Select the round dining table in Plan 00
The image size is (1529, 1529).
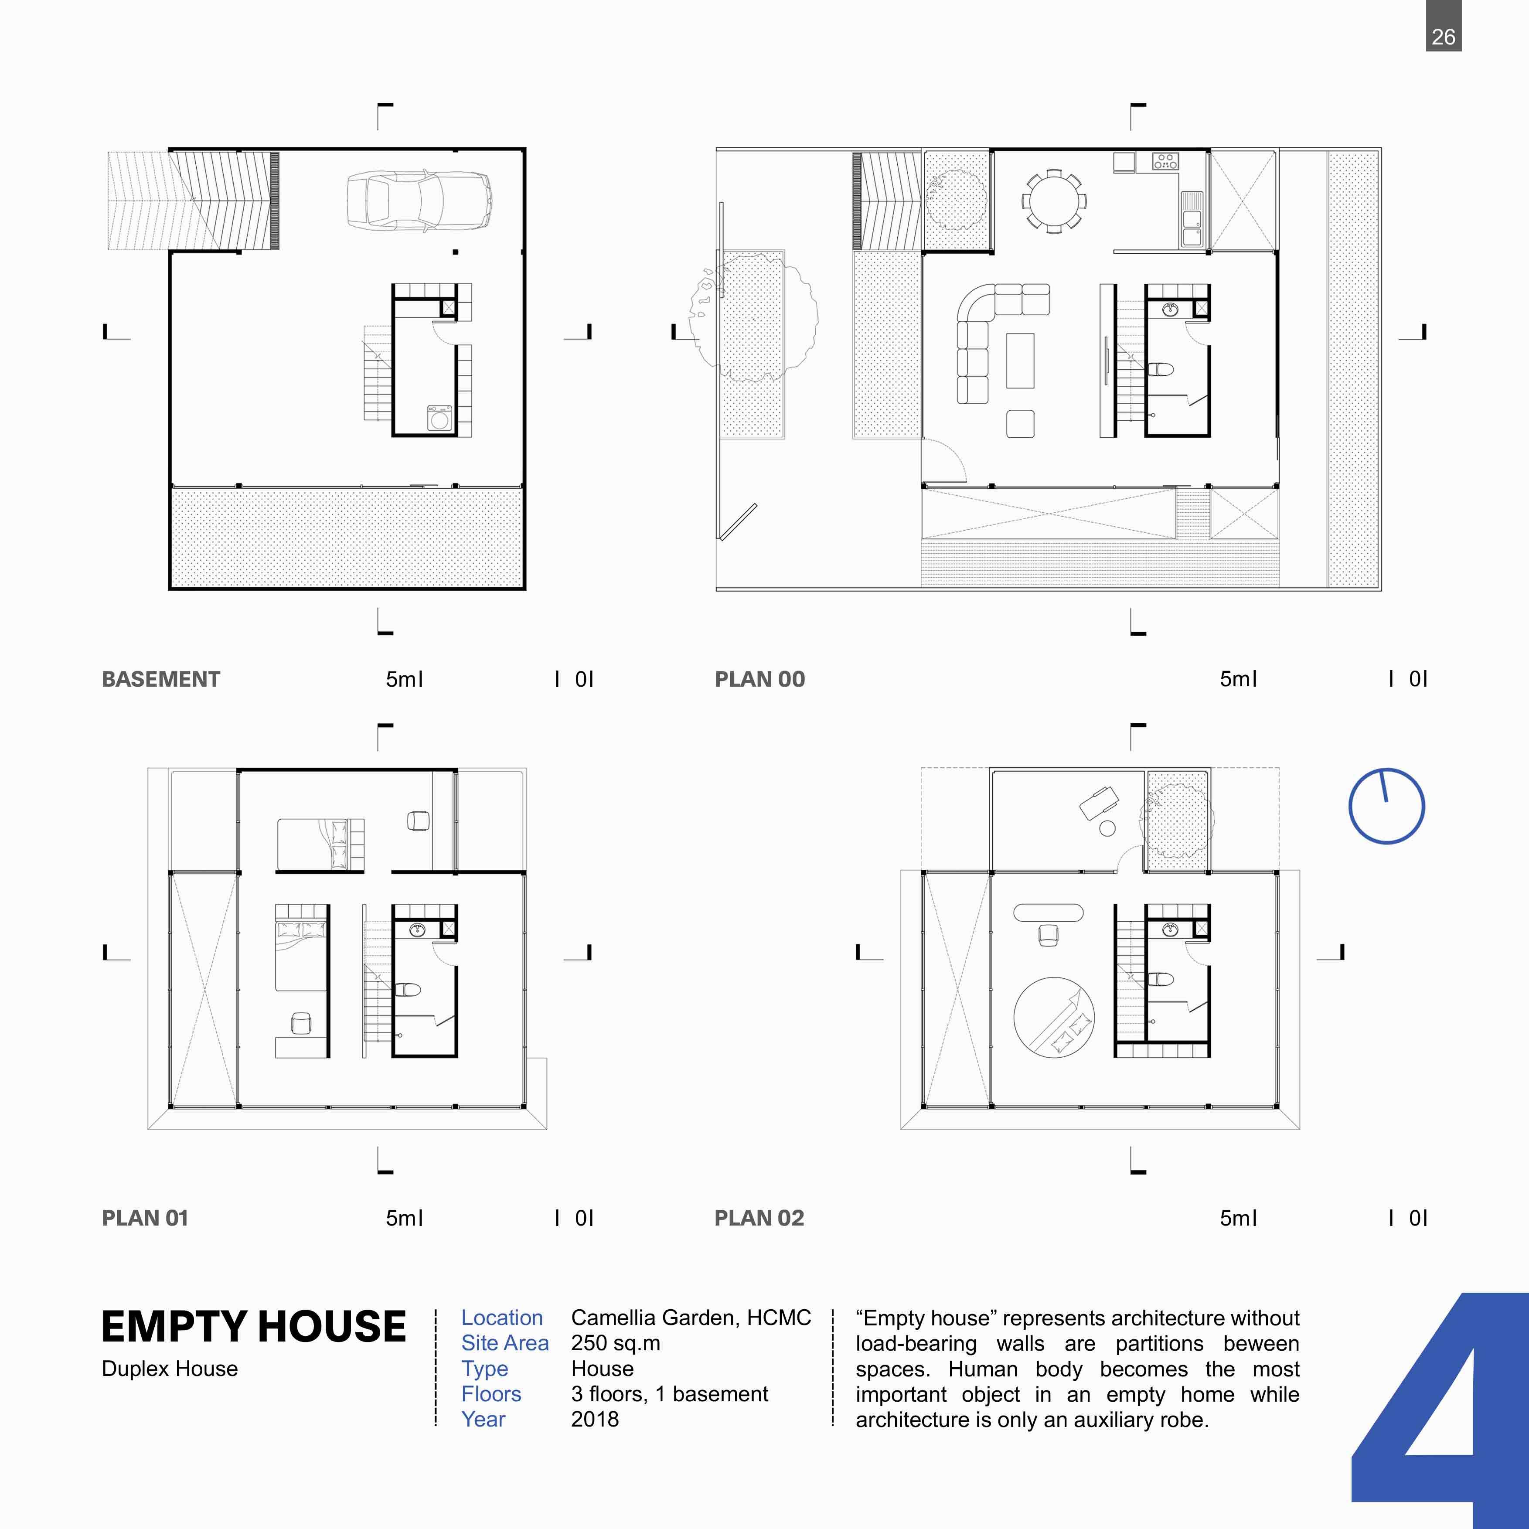(x=1053, y=200)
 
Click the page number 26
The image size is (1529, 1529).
(x=1444, y=37)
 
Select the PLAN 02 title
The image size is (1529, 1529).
(x=759, y=1218)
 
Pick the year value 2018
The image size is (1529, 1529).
(x=594, y=1419)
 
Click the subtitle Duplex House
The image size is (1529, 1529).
(x=169, y=1369)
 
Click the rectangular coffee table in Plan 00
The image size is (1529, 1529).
(x=1020, y=361)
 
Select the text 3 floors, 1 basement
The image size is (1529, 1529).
(x=670, y=1394)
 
